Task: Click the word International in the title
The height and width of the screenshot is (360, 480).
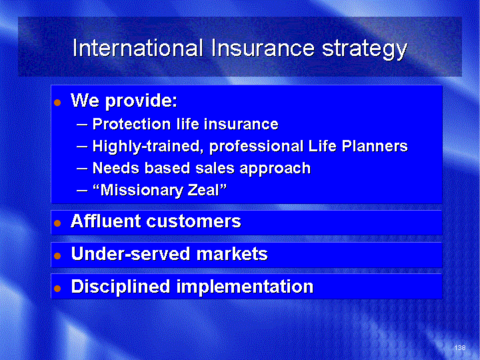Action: (138, 48)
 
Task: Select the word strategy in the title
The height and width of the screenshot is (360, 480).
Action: (365, 49)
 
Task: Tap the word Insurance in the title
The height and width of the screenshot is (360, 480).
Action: (263, 48)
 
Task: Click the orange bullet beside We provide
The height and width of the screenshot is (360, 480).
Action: (57, 103)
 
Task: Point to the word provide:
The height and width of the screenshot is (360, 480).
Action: (141, 101)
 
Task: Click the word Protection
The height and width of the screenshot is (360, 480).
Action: (131, 124)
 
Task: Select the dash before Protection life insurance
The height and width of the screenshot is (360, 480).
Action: (82, 125)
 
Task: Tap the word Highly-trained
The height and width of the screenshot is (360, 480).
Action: (148, 146)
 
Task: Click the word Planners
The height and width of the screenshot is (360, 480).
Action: (375, 146)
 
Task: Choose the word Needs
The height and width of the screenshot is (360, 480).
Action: (116, 168)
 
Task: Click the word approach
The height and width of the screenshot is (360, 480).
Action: (275, 169)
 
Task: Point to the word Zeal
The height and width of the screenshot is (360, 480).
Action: (207, 190)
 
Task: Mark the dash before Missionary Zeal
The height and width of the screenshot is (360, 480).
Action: (82, 191)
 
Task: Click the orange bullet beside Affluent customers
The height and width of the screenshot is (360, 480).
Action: (57, 223)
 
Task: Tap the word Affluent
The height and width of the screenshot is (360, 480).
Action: (106, 221)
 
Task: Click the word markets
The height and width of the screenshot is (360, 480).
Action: (232, 254)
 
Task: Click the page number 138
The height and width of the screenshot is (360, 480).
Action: (460, 347)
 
